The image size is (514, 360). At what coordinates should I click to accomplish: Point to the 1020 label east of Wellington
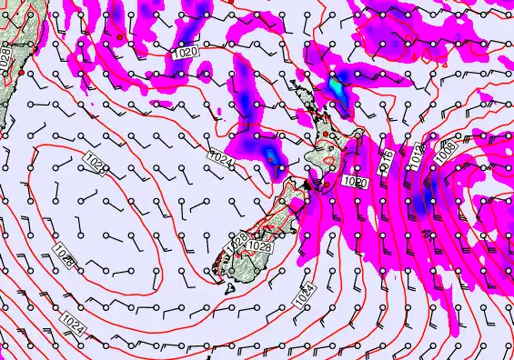pyautogui.click(x=357, y=182)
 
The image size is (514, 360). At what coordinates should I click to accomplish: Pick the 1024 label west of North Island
pyautogui.click(x=221, y=162)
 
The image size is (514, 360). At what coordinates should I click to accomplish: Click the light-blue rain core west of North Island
pyautogui.click(x=271, y=156)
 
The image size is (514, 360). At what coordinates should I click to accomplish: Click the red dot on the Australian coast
pyautogui.click(x=22, y=71)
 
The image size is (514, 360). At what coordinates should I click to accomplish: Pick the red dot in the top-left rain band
pyautogui.click(x=119, y=37)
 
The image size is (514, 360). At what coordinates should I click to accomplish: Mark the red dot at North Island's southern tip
pyautogui.click(x=325, y=185)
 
